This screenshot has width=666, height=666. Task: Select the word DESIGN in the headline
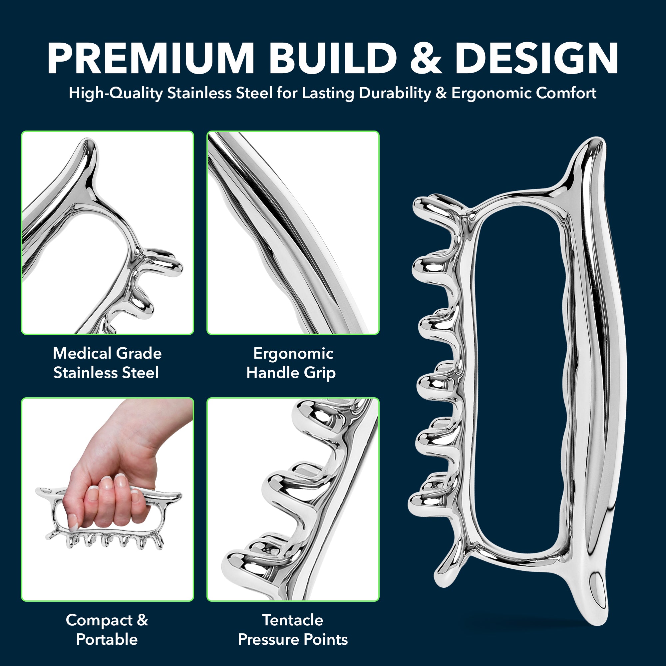pyautogui.click(x=537, y=58)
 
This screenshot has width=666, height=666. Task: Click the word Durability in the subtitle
pyautogui.click(x=395, y=94)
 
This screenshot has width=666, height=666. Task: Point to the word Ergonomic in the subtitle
pyautogui.click(x=492, y=94)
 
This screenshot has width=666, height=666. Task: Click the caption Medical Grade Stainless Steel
pyautogui.click(x=107, y=363)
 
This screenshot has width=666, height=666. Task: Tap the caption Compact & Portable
pyautogui.click(x=107, y=630)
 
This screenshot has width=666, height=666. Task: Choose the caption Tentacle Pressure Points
pyautogui.click(x=293, y=630)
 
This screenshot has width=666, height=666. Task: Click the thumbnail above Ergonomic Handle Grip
pyautogui.click(x=293, y=233)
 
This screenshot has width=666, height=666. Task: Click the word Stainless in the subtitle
pyautogui.click(x=199, y=94)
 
